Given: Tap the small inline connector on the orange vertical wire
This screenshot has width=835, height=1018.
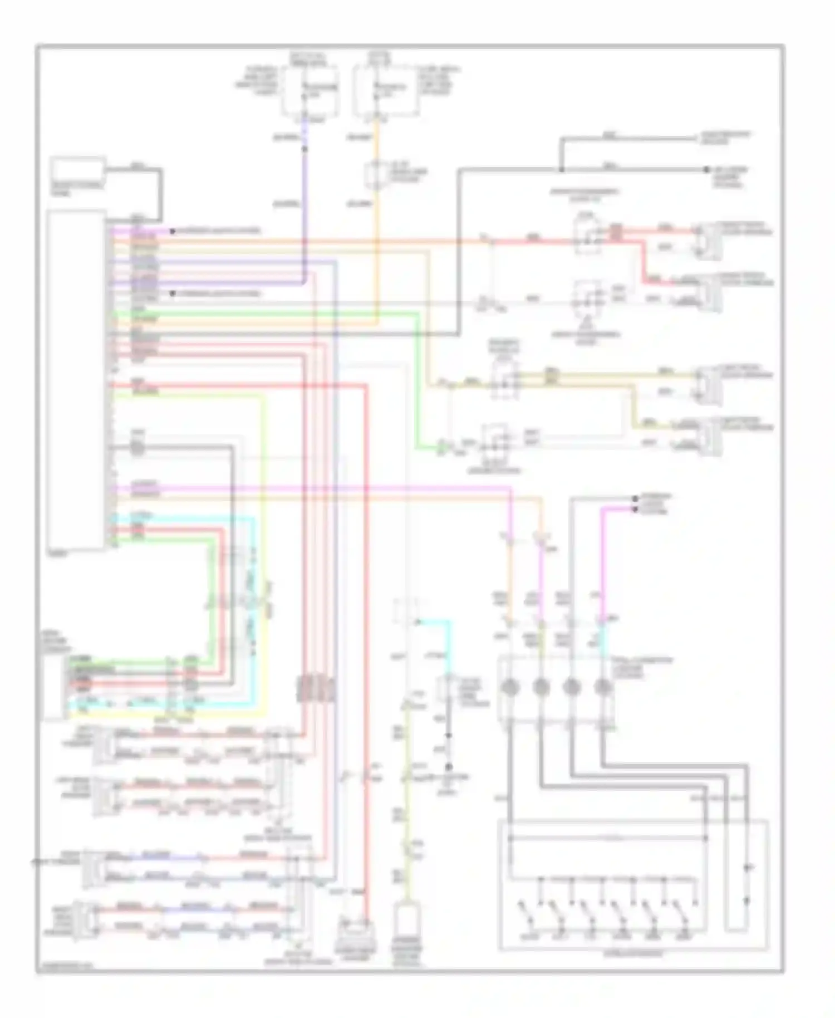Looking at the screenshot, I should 376,175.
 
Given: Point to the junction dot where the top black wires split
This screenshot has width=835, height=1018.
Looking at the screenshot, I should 561,169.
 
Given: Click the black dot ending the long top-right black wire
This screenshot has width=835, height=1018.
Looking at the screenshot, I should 706,169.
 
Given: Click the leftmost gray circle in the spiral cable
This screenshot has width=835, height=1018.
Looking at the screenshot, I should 509,688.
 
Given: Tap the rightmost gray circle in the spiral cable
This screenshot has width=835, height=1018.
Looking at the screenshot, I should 602,688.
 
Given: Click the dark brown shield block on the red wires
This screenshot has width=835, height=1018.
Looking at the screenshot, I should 315,688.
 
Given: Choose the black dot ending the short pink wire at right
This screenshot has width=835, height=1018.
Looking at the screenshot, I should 635,510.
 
